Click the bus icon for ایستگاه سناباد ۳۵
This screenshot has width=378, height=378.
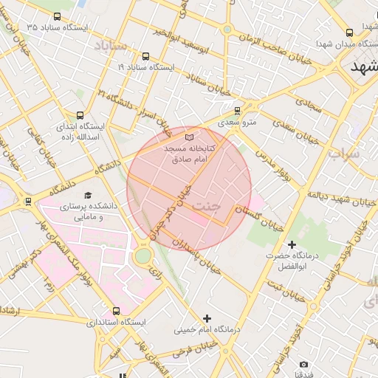(x=58, y=16)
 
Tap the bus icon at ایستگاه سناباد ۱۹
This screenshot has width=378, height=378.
(x=145, y=56)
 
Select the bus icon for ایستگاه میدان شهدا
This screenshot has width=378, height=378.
(x=349, y=32)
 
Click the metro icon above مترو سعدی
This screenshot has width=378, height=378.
(x=237, y=111)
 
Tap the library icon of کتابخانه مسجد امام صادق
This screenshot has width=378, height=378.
(x=189, y=137)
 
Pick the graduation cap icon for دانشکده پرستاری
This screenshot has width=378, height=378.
(x=89, y=196)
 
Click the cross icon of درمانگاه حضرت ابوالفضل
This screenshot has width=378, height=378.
(x=292, y=244)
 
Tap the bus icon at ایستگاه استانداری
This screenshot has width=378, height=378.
(x=116, y=311)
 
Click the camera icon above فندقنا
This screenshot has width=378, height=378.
(x=303, y=365)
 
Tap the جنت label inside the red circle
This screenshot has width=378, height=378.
(x=206, y=206)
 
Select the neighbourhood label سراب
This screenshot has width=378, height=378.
(x=344, y=154)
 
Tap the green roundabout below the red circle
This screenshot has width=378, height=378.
(x=142, y=255)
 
